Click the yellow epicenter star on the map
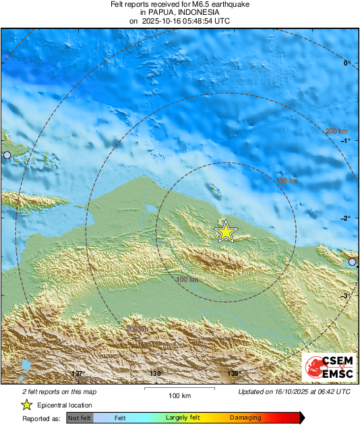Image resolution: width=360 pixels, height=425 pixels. (x=226, y=231)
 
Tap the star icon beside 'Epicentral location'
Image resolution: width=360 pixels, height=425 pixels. (x=26, y=405)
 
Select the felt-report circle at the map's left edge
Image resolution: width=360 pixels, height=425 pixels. (x=7, y=155)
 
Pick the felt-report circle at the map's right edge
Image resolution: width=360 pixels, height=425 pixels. (x=352, y=262)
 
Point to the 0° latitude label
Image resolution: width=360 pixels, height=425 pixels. (x=348, y=63)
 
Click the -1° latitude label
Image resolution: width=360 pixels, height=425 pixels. (x=347, y=141)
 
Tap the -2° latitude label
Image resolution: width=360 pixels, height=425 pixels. (x=347, y=219)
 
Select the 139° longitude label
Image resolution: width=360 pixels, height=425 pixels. (x=233, y=374)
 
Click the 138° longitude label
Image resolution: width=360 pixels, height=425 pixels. (x=156, y=374)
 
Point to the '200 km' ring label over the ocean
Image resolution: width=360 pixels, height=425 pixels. (x=336, y=131)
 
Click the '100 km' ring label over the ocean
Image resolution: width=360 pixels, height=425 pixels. (x=287, y=181)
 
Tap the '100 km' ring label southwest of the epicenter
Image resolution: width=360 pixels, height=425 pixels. (x=187, y=279)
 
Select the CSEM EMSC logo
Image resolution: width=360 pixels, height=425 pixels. (x=329, y=368)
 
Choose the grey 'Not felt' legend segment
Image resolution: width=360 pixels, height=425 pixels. (x=80, y=418)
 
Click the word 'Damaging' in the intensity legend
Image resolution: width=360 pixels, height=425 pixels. (x=245, y=418)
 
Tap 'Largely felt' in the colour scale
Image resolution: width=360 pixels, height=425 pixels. (x=181, y=418)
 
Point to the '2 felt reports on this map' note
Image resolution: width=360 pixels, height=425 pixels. (x=59, y=391)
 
